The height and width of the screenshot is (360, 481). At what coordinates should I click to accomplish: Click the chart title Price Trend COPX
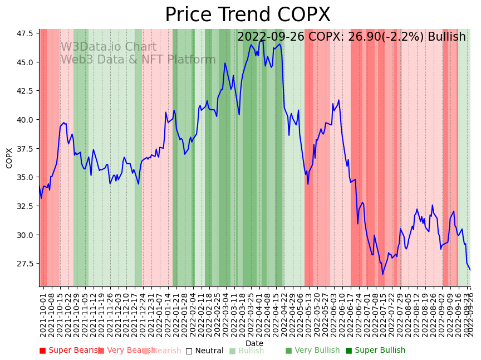247,15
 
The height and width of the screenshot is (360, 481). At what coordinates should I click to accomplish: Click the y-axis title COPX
9,158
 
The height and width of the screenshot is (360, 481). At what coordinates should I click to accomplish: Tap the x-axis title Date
254,343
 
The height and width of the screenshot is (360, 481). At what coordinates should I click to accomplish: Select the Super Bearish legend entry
70,351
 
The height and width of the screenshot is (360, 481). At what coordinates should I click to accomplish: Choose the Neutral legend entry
204,351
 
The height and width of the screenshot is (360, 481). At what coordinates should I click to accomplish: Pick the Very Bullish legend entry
312,351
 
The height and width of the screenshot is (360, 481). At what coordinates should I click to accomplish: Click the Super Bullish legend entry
375,351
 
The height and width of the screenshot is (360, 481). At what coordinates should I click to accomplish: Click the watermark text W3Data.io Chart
109,47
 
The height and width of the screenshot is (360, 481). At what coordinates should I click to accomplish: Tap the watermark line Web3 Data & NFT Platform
138,60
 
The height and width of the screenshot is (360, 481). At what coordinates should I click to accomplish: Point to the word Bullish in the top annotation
446,37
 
